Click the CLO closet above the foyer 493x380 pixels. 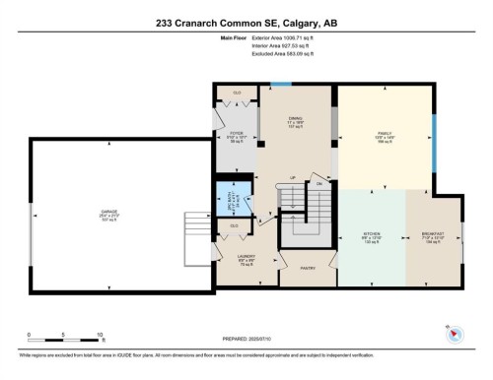pos(237,94)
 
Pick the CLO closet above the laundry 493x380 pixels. pos(234,227)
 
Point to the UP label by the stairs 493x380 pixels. pos(292,177)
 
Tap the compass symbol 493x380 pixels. pos(455,336)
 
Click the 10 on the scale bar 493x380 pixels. pos(101,335)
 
